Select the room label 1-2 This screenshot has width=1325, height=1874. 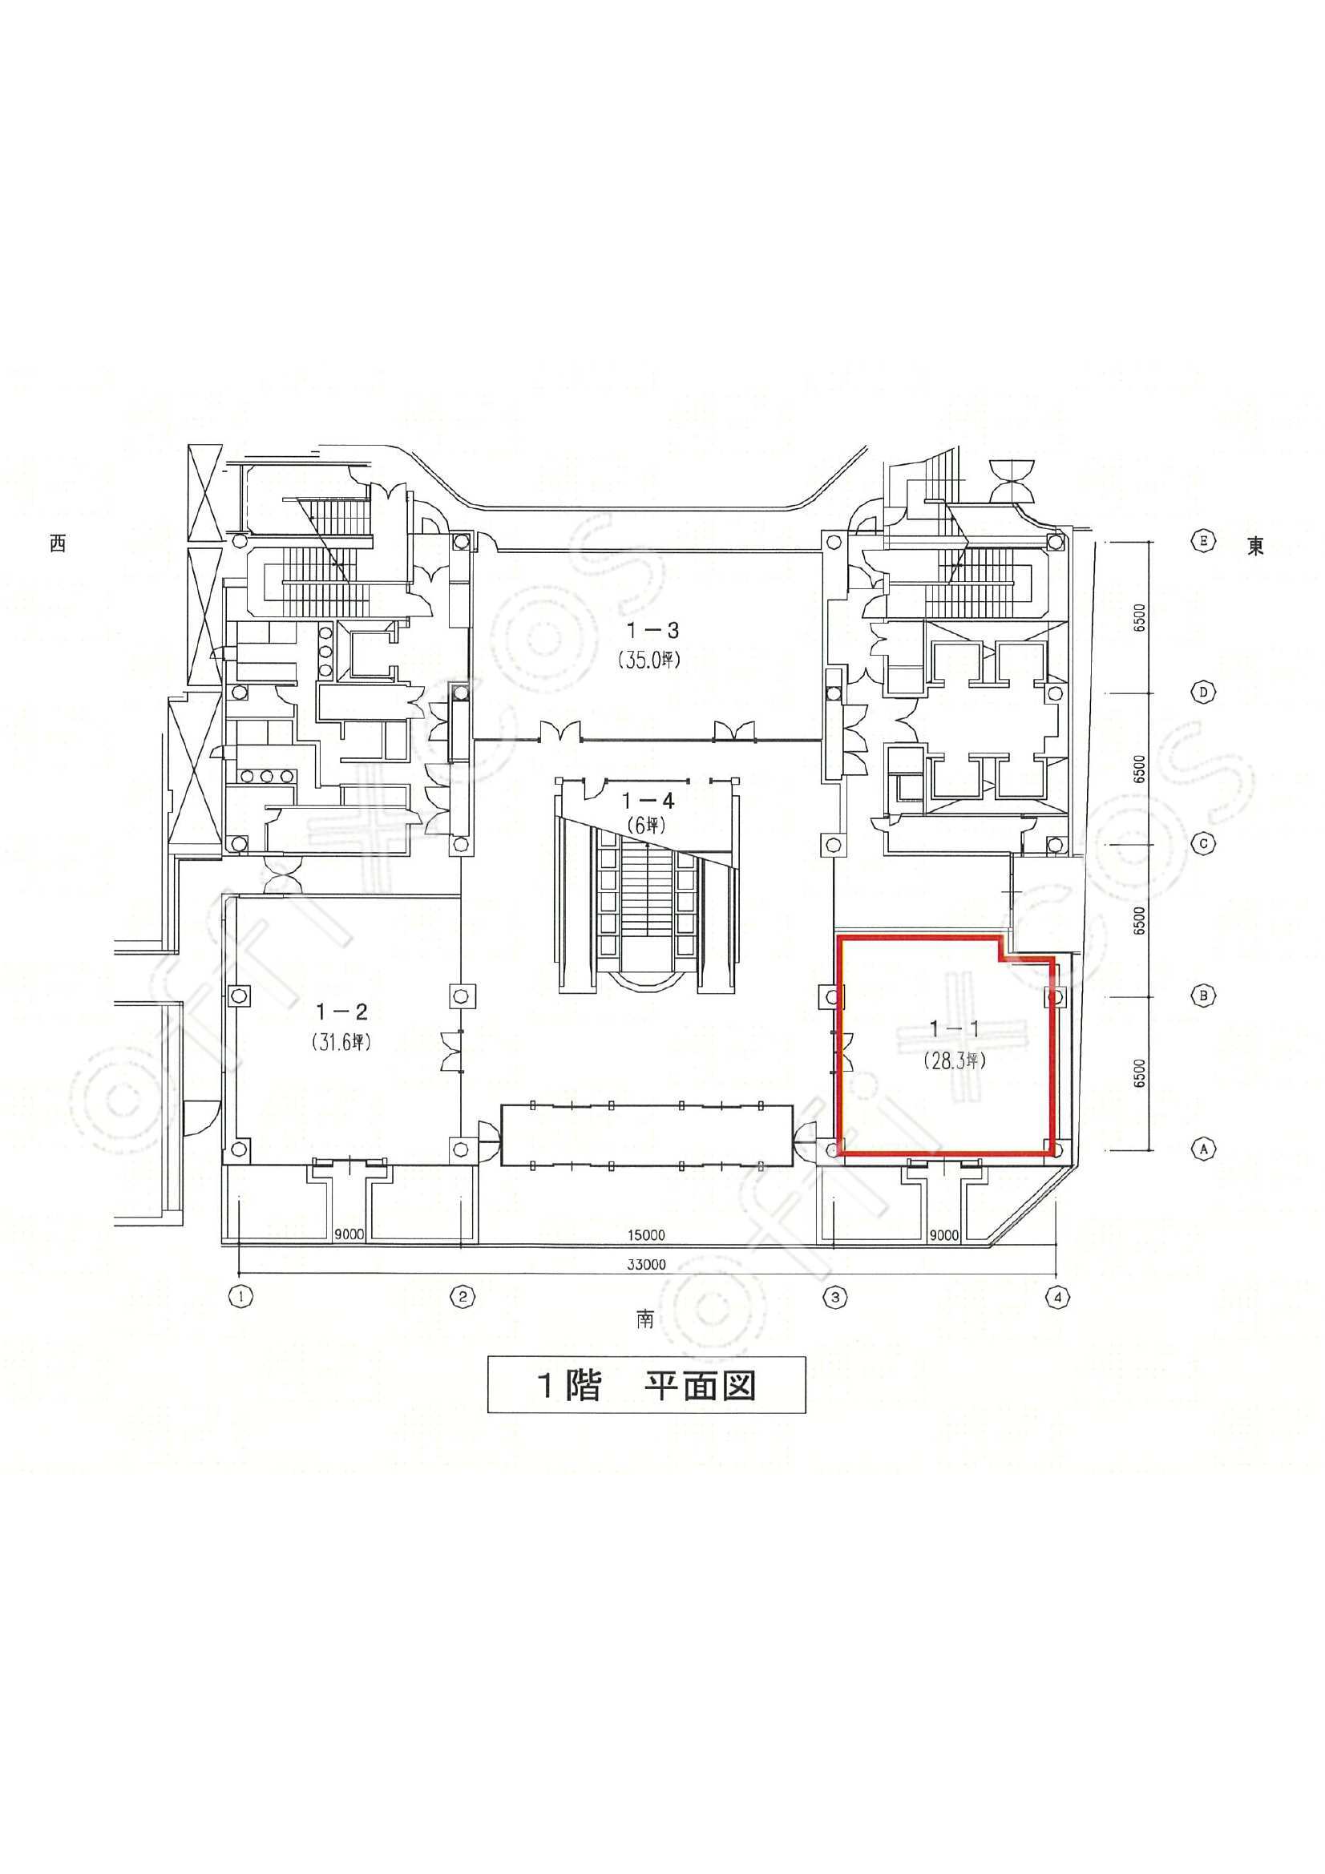click(342, 1012)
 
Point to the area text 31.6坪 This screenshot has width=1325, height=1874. click(342, 1042)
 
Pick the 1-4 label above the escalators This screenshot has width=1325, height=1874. click(648, 801)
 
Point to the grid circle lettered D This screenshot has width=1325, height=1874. click(1202, 693)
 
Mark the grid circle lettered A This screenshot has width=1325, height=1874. click(1202, 1149)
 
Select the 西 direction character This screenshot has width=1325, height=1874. click(56, 544)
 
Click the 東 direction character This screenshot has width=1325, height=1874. click(1255, 546)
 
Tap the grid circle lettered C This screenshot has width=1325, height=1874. click(1202, 845)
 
